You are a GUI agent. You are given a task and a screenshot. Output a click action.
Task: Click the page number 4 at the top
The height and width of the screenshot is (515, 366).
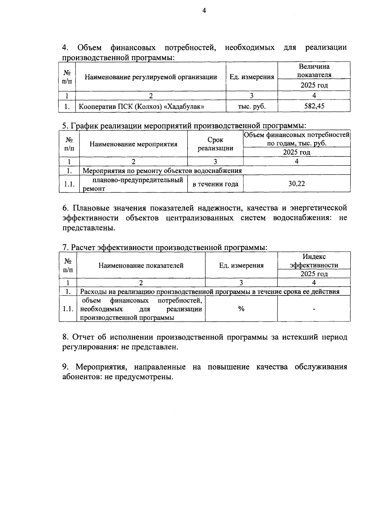(x=204, y=11)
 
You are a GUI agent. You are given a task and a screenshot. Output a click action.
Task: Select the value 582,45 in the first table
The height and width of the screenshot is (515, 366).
(x=314, y=106)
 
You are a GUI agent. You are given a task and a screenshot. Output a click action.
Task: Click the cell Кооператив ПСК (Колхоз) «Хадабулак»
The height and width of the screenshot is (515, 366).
(x=142, y=107)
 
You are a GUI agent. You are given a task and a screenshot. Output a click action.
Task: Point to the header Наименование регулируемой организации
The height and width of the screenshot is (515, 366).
(x=151, y=77)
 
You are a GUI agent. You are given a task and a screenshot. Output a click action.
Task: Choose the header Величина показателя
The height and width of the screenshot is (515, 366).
(x=314, y=70)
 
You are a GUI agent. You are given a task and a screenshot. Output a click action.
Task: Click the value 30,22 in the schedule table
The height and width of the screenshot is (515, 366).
(x=296, y=183)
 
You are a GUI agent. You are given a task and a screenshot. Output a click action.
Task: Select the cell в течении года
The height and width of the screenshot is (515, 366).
(x=215, y=184)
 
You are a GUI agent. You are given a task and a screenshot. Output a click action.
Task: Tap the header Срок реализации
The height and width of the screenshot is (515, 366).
(x=215, y=144)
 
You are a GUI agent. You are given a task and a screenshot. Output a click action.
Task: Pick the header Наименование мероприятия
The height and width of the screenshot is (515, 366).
(x=133, y=144)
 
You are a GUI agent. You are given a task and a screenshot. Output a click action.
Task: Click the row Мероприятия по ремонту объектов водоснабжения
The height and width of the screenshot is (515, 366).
(x=162, y=171)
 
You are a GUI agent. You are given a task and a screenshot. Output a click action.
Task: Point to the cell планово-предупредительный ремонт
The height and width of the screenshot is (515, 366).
(x=133, y=184)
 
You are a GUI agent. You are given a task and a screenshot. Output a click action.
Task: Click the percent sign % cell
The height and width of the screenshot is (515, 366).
(x=241, y=309)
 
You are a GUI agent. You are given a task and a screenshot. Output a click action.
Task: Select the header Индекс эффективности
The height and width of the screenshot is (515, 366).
(x=314, y=261)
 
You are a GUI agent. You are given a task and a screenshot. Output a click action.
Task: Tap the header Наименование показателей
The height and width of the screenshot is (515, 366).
(x=141, y=265)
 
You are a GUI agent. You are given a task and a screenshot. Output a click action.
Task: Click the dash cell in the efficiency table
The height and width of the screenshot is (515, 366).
(x=314, y=309)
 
